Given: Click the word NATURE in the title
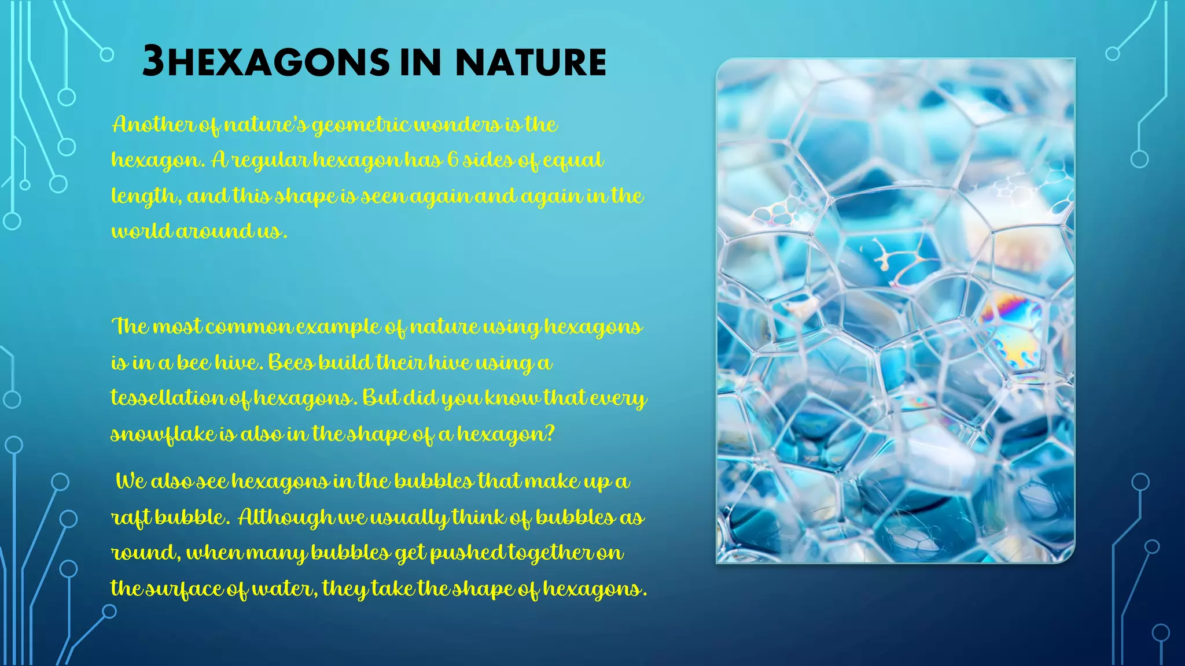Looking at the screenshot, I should pyautogui.click(x=531, y=62).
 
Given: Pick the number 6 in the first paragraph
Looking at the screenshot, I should pyautogui.click(x=452, y=160).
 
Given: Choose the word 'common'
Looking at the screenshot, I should pyautogui.click(x=248, y=327).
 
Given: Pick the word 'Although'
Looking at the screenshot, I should pyautogui.click(x=286, y=517).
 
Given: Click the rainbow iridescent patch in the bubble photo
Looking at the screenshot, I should pyautogui.click(x=1013, y=312).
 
